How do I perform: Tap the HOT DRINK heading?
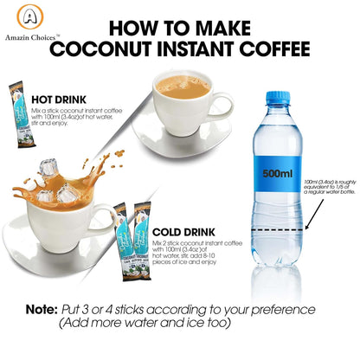58,99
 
